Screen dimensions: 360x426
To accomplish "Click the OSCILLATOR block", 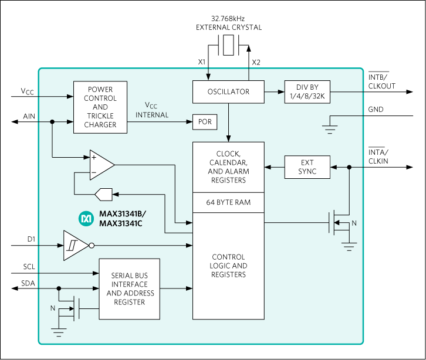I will tap(228, 92).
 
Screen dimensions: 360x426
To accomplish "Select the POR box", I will tap(205, 122).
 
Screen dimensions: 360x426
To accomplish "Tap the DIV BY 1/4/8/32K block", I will tap(307, 92).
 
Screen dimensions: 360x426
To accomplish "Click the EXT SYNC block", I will tap(307, 167).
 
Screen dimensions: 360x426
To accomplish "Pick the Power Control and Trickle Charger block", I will tap(100, 107).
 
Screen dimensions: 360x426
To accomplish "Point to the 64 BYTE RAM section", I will tap(228, 202).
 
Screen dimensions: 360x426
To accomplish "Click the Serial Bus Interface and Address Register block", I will tap(129, 288).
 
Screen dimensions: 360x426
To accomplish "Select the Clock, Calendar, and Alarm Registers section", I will tap(228, 167).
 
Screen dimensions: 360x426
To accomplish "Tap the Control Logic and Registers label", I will tap(228, 266).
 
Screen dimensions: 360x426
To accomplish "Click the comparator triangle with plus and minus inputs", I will tap(100, 165).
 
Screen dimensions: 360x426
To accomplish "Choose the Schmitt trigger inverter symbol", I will tap(75, 246).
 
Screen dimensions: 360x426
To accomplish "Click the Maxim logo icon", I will tap(86, 219).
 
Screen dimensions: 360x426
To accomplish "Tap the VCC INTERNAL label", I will tap(152, 110).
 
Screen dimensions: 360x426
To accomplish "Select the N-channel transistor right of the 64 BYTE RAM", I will tap(337, 223).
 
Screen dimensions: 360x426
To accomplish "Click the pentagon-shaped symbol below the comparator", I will tap(103, 193).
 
